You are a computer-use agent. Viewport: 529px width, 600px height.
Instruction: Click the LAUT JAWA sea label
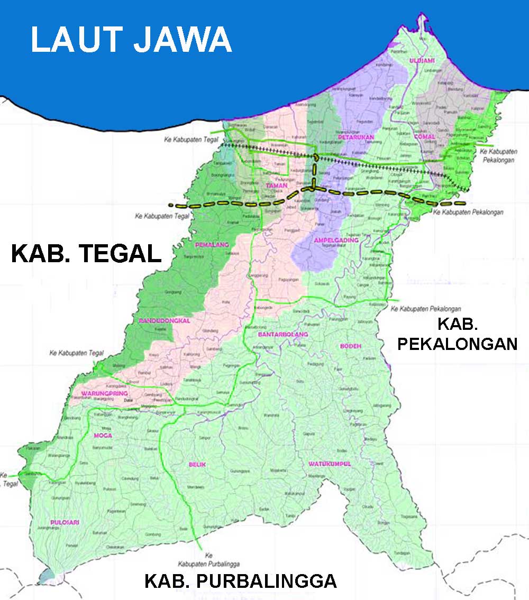(x=131, y=40)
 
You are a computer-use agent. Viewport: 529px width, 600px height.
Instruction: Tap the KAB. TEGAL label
(x=86, y=254)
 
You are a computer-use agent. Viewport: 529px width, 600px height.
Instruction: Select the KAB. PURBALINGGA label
(x=240, y=581)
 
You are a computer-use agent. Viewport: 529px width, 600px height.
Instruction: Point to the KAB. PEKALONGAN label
(x=457, y=334)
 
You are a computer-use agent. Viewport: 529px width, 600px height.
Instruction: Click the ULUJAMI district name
(x=421, y=61)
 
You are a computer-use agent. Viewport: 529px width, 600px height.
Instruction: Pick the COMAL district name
(x=425, y=136)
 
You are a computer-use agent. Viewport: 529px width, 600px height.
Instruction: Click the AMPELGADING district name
(x=336, y=240)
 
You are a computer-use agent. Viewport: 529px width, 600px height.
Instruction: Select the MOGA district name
(x=102, y=436)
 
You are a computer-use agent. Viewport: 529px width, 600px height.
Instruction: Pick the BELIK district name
(x=196, y=464)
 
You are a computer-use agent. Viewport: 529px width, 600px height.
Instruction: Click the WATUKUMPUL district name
(x=330, y=464)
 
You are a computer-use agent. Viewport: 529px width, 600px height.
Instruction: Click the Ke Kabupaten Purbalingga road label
(x=209, y=559)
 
